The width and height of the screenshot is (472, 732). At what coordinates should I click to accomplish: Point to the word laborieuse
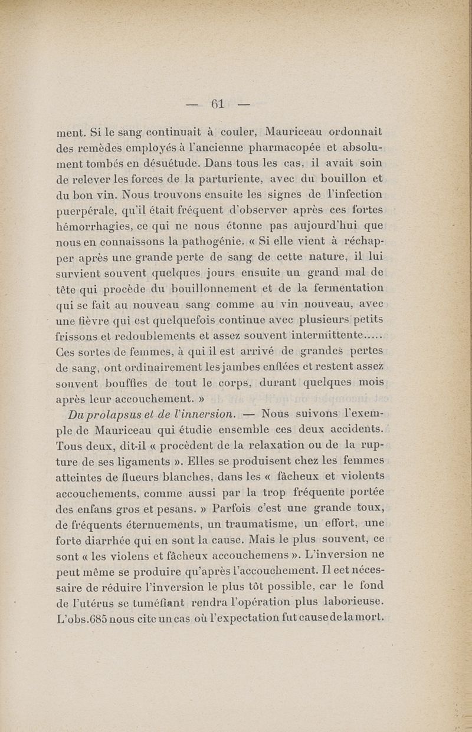tap(343, 602)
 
